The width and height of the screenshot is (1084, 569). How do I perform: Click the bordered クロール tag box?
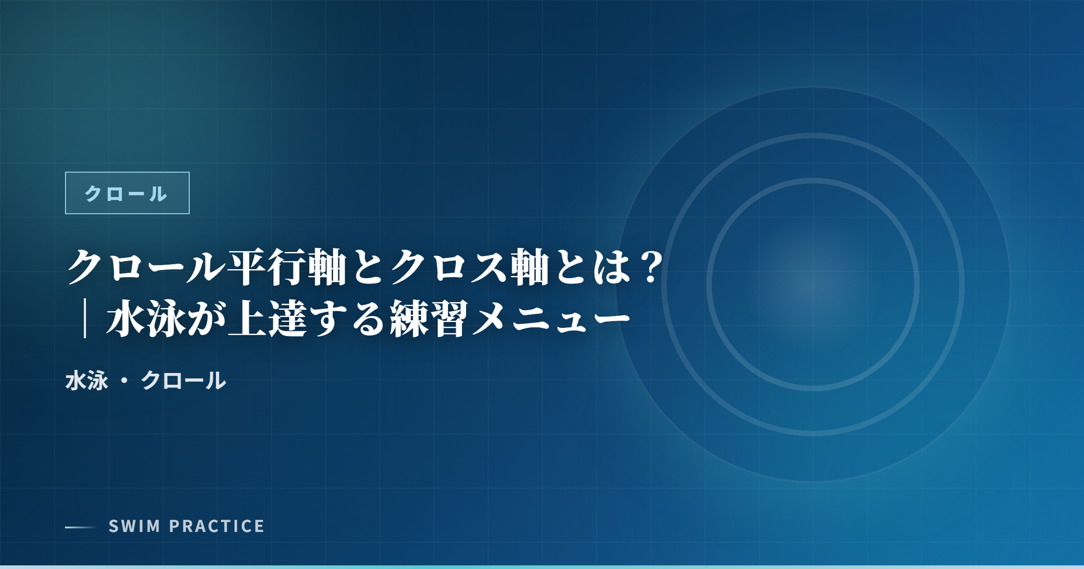pyautogui.click(x=127, y=193)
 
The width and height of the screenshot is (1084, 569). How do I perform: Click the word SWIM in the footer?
pyautogui.click(x=135, y=526)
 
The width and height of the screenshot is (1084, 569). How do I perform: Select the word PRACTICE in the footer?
pyautogui.click(x=217, y=526)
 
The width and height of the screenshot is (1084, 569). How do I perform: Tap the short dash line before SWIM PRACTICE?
pyautogui.click(x=81, y=527)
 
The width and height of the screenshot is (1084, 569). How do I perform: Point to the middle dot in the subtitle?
pyautogui.click(x=125, y=381)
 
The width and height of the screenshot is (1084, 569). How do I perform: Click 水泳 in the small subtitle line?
pyautogui.click(x=87, y=381)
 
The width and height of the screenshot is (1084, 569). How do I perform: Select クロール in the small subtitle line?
pyautogui.click(x=183, y=381)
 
